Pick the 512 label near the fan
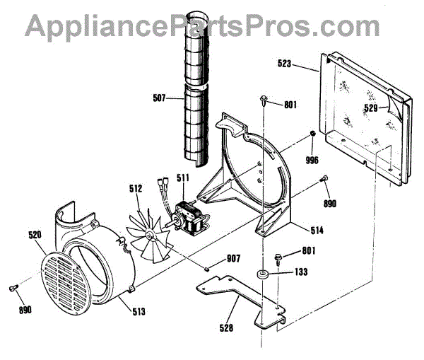[136, 189]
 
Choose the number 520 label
[35, 235]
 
